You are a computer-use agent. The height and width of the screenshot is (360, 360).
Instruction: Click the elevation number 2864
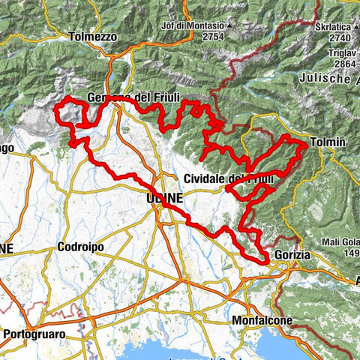342,65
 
